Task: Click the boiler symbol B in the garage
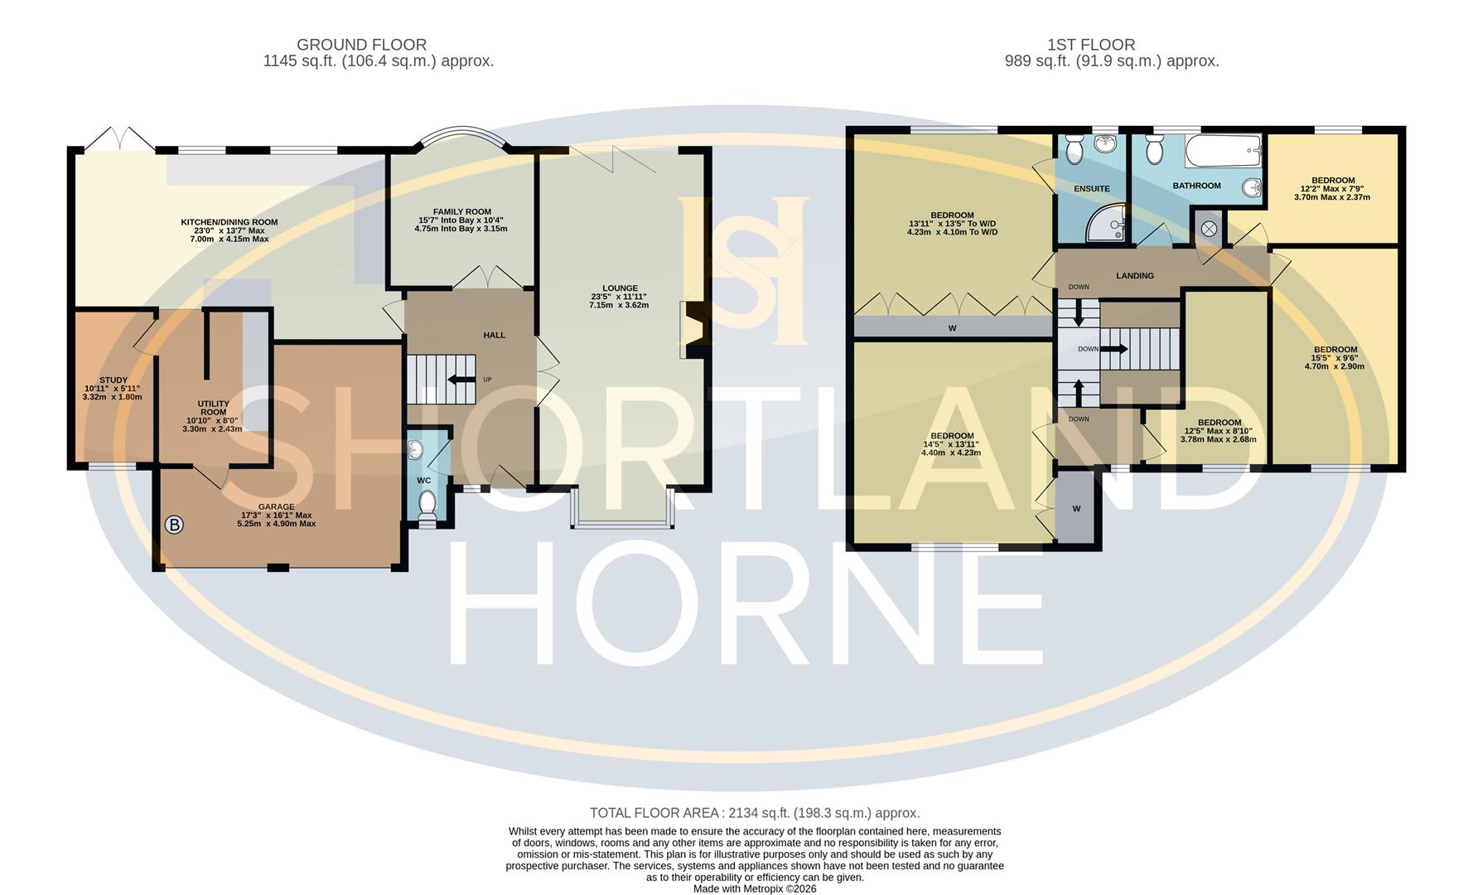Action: tap(174, 525)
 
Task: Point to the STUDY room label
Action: tap(113, 380)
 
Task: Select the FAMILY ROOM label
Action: tap(461, 212)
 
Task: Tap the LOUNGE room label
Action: tap(619, 288)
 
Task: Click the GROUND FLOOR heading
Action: tap(361, 45)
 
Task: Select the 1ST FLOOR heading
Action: tap(1090, 45)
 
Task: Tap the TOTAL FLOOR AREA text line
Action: tap(754, 813)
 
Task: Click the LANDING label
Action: tap(1134, 276)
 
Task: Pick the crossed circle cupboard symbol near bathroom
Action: tap(1208, 228)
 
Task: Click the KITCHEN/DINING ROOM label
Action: tap(229, 222)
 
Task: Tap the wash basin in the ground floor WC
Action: tap(416, 451)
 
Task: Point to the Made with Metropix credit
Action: tap(754, 888)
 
